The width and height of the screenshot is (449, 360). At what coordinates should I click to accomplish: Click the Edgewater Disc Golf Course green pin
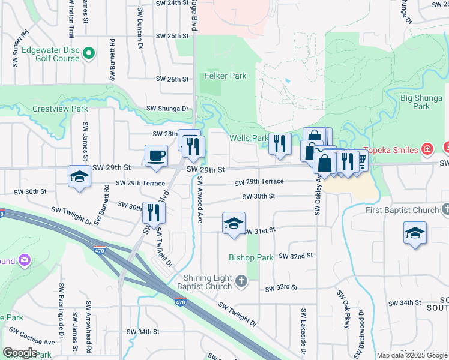tap(89, 54)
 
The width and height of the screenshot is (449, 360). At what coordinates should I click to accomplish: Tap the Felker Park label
tap(225, 76)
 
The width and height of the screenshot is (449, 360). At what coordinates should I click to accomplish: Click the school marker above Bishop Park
tap(234, 224)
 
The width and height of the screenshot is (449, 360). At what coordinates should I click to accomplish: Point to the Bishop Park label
tap(250, 257)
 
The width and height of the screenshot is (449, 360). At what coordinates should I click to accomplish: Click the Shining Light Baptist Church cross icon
tap(241, 281)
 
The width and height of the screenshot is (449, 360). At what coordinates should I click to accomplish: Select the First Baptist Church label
tap(403, 211)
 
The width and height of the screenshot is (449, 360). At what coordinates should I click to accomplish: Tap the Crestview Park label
tap(59, 109)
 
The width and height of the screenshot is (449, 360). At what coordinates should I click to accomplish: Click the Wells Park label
tap(249, 138)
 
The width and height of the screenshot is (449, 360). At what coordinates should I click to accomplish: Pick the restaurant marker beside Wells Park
tap(280, 144)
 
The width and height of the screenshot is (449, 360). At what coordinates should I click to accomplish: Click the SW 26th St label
tap(172, 79)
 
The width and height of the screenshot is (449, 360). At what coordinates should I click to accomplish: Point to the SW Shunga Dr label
tap(167, 109)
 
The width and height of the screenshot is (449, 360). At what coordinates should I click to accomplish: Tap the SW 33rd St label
tap(282, 287)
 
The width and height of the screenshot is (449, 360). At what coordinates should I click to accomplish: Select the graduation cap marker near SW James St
tap(78, 177)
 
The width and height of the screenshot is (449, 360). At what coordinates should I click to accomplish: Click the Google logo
tap(20, 353)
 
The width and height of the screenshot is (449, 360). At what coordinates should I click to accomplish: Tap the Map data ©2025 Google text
tap(411, 355)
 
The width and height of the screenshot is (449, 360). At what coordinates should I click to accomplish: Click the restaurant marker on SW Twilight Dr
tap(154, 212)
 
